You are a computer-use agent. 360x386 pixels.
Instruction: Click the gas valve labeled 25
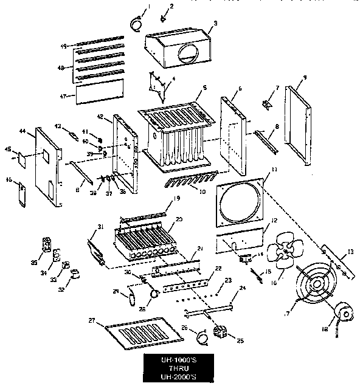221,333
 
